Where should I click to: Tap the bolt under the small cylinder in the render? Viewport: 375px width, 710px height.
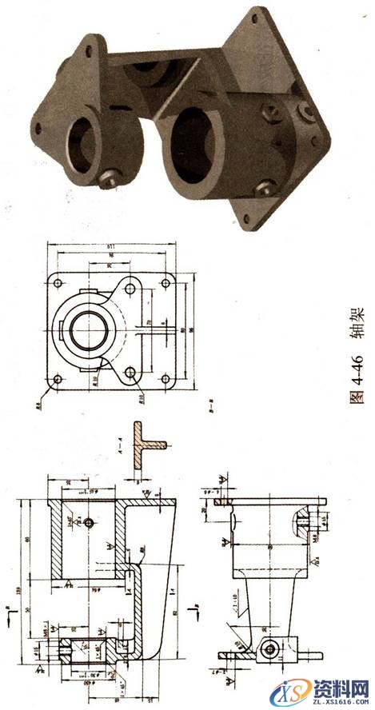pos(111,178)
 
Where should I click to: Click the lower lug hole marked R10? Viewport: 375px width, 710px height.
pos(130,373)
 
